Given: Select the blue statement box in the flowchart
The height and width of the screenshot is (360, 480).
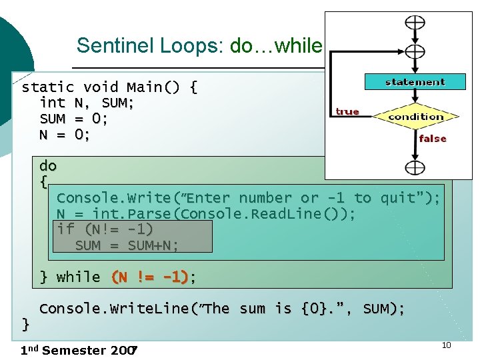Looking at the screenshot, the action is pyautogui.click(x=415, y=82).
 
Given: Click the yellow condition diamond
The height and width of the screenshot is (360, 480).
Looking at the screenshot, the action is pyautogui.click(x=415, y=117).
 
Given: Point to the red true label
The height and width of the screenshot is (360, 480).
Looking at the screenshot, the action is pyautogui.click(x=347, y=111).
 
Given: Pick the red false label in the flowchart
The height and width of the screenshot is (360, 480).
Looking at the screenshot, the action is pyautogui.click(x=432, y=139).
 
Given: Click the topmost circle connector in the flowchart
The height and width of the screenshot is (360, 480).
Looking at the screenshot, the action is pyautogui.click(x=415, y=22).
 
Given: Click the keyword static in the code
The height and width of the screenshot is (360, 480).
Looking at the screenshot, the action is pyautogui.click(x=48, y=87).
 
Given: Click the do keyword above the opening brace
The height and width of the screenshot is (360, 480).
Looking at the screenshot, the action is pyautogui.click(x=48, y=165).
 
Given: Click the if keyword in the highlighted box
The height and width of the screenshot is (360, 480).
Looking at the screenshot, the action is pyautogui.click(x=65, y=229).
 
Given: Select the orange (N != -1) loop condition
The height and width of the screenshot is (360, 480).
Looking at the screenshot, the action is pyautogui.click(x=150, y=277).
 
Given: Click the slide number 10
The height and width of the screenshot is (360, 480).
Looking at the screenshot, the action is pyautogui.click(x=446, y=345).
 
